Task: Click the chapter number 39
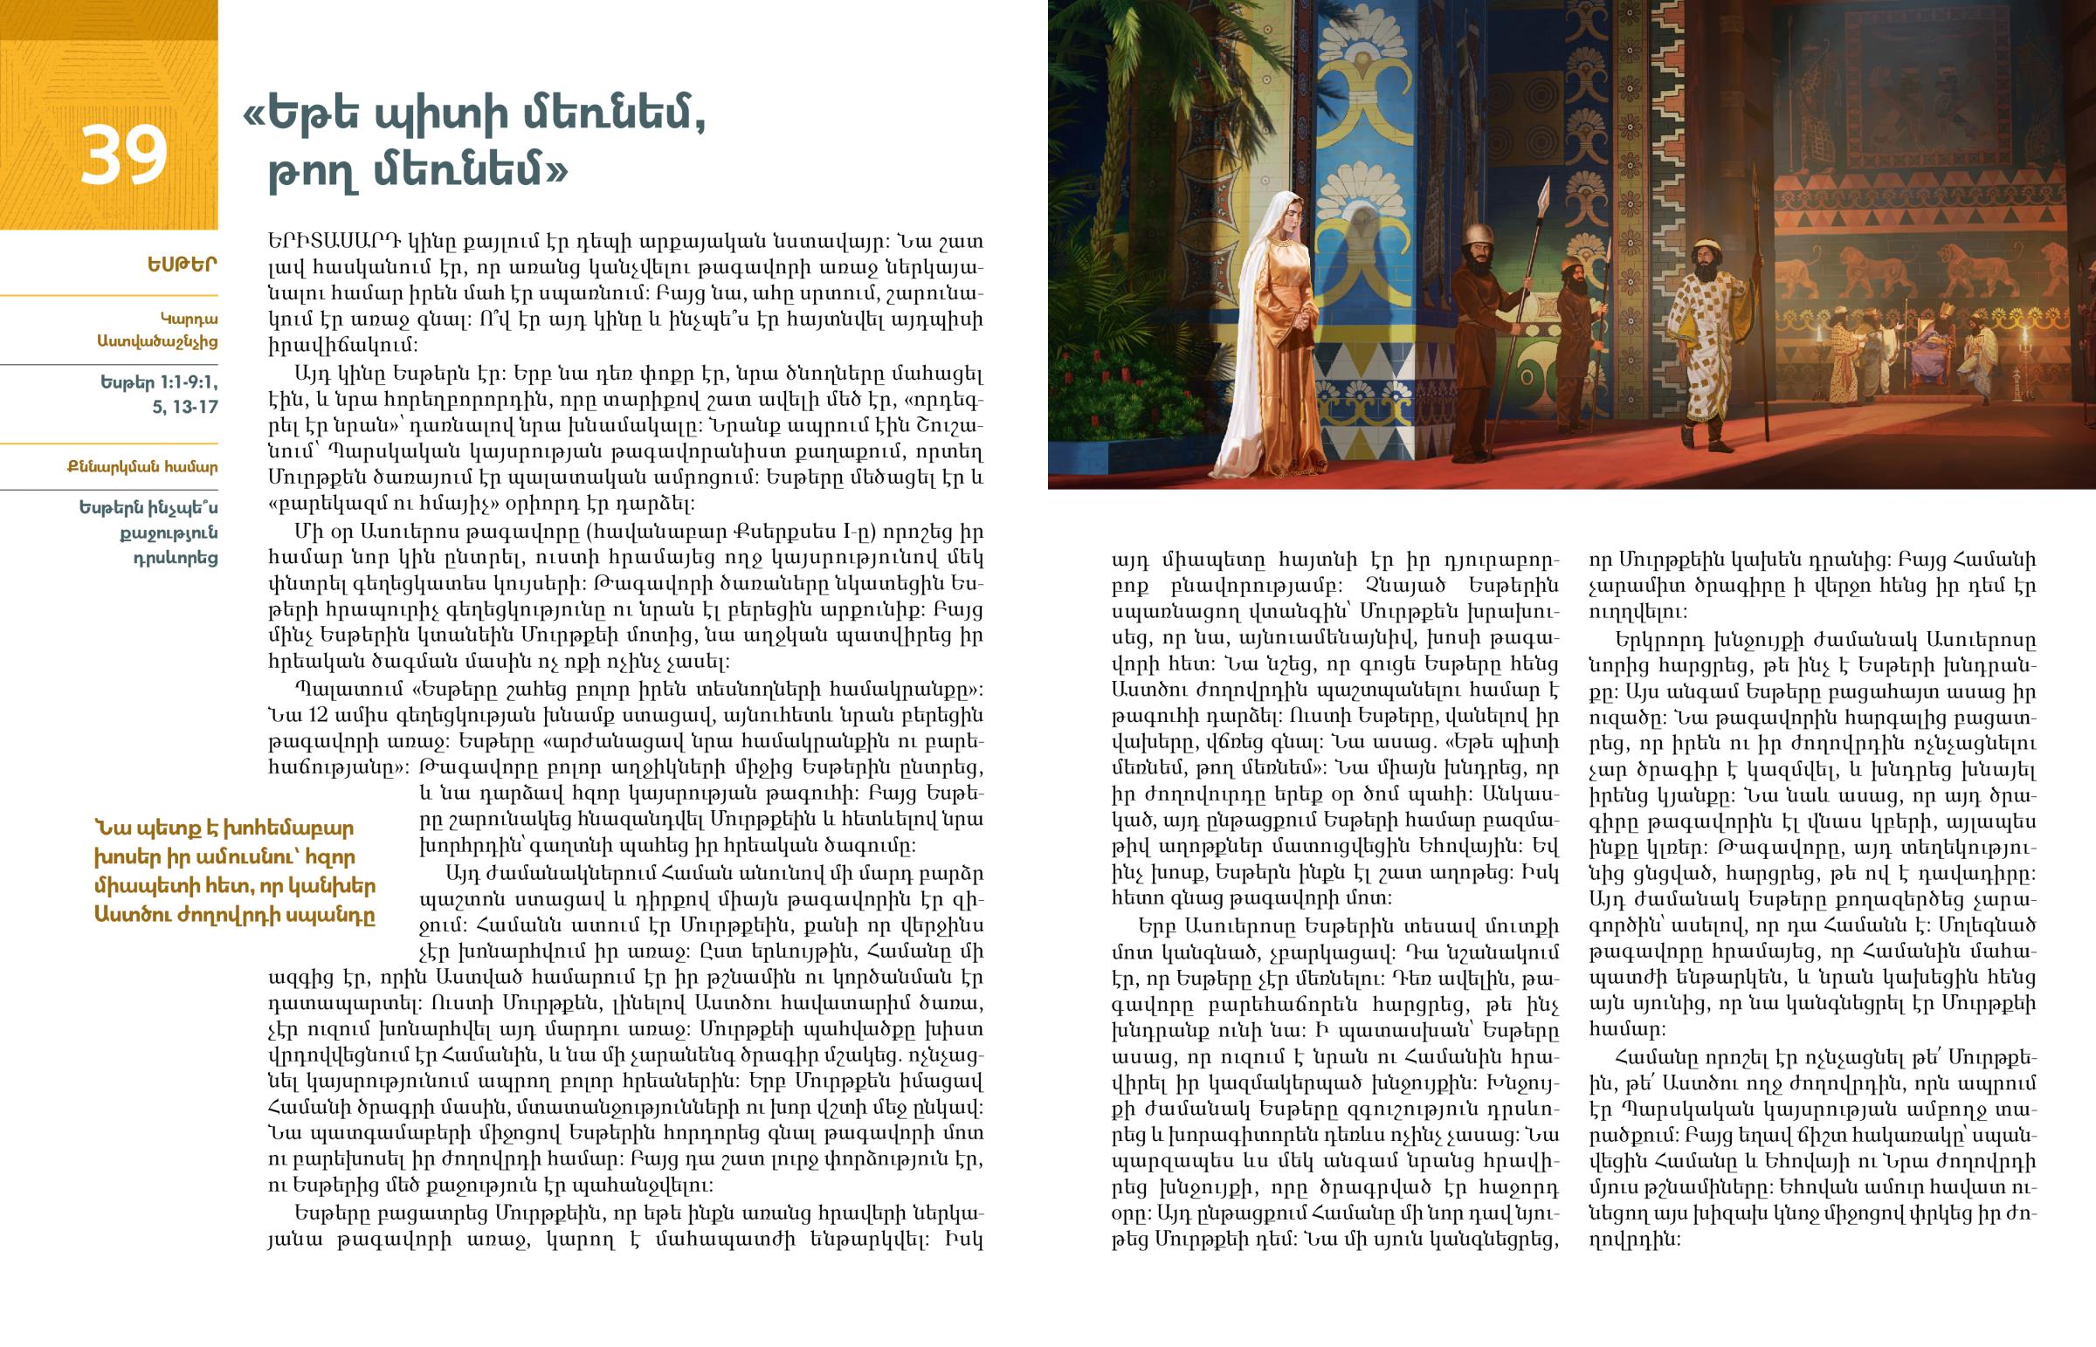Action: (123, 155)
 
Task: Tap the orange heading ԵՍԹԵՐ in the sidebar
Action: (182, 265)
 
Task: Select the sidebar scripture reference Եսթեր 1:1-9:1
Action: (159, 383)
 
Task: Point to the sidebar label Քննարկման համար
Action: (141, 467)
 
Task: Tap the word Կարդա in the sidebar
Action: (189, 320)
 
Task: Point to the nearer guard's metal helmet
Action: (1478, 235)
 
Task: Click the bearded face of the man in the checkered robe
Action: (1706, 261)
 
